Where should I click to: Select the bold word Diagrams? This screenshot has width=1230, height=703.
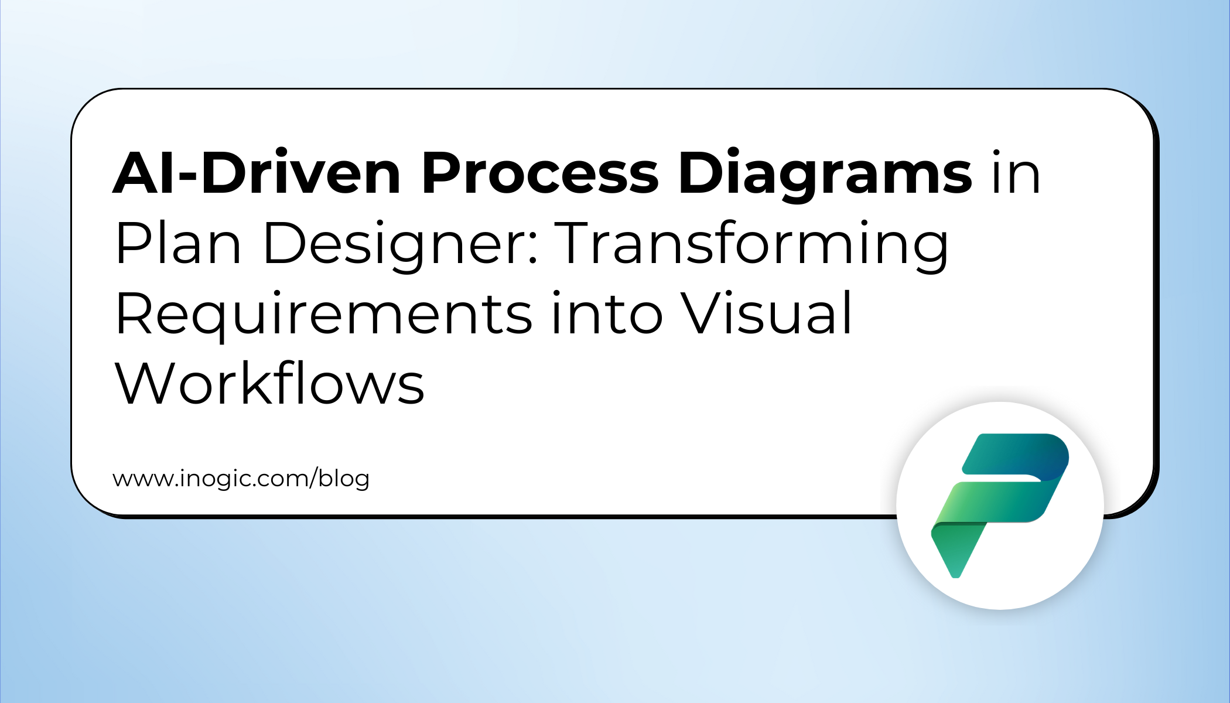pyautogui.click(x=825, y=175)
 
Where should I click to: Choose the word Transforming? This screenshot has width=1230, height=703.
pyautogui.click(x=752, y=245)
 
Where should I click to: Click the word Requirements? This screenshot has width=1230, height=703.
pyautogui.click(x=323, y=315)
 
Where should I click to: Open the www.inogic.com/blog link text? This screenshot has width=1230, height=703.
pyautogui.click(x=241, y=479)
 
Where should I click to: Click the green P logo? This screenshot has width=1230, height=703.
pyautogui.click(x=1000, y=506)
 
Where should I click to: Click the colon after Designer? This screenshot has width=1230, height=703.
pyautogui.click(x=532, y=249)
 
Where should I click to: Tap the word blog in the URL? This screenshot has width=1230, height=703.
pyautogui.click(x=344, y=479)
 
